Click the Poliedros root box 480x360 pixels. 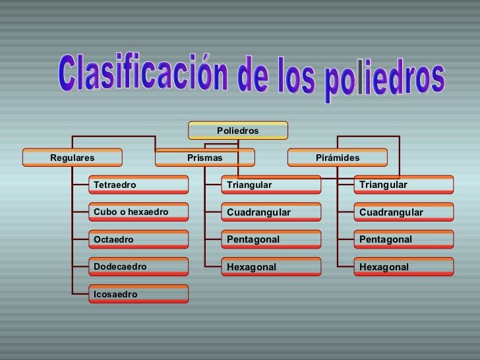pos(238,131)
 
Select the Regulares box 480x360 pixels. pos(73,158)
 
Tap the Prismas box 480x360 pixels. pos(205,158)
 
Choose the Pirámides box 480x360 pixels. pos(338,158)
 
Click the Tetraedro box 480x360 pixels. pos(139,185)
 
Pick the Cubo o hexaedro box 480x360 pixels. pos(139,212)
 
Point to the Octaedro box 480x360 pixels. pos(139,239)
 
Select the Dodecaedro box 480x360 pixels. pos(139,266)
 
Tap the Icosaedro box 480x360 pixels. pos(139,294)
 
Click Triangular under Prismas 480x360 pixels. pos(272,185)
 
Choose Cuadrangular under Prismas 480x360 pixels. pos(272,212)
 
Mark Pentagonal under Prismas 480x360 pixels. pos(272,239)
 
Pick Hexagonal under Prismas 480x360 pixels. pos(272,266)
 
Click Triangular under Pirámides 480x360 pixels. pos(404,185)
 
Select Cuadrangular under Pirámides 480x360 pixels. pos(404,212)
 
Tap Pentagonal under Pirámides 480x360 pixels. pos(404,239)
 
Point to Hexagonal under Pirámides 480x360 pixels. pos(404,266)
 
